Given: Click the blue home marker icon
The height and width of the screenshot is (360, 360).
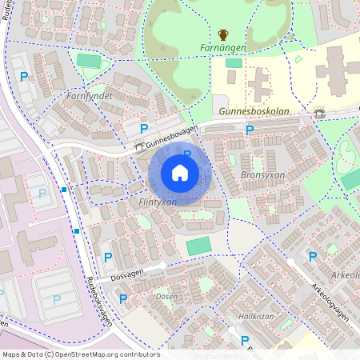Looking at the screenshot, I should (x=180, y=173).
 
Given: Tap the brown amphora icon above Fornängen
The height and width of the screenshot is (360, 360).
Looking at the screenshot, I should (x=223, y=34).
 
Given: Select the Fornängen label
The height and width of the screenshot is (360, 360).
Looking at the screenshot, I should (x=223, y=48).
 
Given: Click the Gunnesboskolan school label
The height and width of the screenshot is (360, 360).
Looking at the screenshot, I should (x=254, y=112).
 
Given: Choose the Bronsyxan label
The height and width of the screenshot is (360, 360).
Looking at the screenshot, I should (x=263, y=174).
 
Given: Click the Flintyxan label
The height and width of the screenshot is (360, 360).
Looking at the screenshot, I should (x=158, y=202).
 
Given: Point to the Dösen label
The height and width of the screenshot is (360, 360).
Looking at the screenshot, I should (x=167, y=296).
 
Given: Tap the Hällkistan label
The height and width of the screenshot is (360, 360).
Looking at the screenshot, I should (x=251, y=318).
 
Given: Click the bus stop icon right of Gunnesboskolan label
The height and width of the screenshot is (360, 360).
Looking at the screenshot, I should (x=320, y=113).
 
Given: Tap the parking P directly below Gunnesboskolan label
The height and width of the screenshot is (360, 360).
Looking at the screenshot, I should (x=250, y=130).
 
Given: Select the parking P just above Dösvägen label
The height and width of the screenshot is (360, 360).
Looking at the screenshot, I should (x=107, y=257).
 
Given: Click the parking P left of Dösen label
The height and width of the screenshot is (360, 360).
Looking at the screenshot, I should (x=123, y=298).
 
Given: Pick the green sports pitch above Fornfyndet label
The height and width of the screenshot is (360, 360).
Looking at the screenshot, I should (x=89, y=61).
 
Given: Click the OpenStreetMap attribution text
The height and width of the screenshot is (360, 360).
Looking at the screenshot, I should (x=81, y=354).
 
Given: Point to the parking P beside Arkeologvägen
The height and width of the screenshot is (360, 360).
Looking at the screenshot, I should (x=312, y=256).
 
